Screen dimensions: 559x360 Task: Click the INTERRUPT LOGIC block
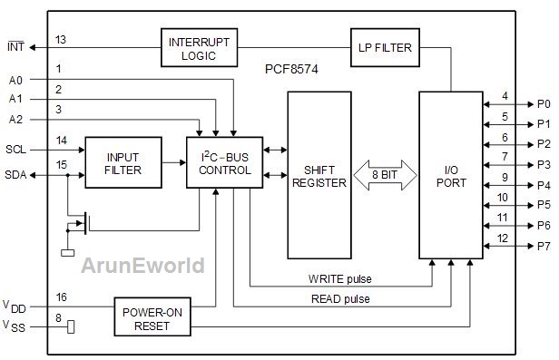pyautogui.click(x=199, y=48)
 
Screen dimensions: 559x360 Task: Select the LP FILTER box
pyautogui.click(x=385, y=48)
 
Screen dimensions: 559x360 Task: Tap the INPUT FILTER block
pyautogui.click(x=123, y=162)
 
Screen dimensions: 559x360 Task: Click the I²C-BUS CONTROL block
pyautogui.click(x=225, y=162)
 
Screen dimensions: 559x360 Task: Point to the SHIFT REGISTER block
pyautogui.click(x=319, y=175)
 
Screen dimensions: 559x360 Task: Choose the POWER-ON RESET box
pyautogui.click(x=152, y=316)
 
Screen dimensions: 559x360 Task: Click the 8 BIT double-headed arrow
pyautogui.click(x=385, y=175)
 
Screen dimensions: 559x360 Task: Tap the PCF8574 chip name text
pyautogui.click(x=291, y=69)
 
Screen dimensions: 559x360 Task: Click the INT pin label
pyautogui.click(x=16, y=46)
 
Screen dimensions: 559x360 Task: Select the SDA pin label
pyautogui.click(x=15, y=175)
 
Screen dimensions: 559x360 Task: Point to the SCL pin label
pyautogui.click(x=16, y=150)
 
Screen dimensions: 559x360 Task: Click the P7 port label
pyautogui.click(x=544, y=246)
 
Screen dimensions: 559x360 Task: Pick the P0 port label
pyautogui.click(x=544, y=104)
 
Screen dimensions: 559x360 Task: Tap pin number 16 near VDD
pyautogui.click(x=62, y=297)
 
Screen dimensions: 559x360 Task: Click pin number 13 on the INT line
pyautogui.click(x=61, y=40)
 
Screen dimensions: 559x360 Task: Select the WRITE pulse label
pyautogui.click(x=339, y=278)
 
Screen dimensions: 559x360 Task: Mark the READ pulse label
pyautogui.click(x=340, y=298)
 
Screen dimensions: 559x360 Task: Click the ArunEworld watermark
pyautogui.click(x=143, y=266)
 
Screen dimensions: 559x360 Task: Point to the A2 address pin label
pyautogui.click(x=15, y=120)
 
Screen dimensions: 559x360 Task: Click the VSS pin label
pyautogui.click(x=15, y=326)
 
